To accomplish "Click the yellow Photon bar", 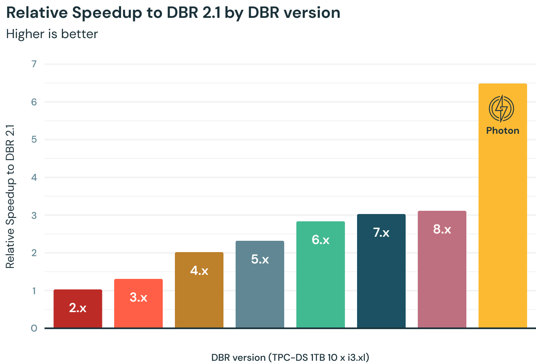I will pyautogui.click(x=503, y=223).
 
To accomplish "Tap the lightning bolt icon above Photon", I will pyautogui.click(x=502, y=108).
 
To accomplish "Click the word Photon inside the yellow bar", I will pyautogui.click(x=502, y=131).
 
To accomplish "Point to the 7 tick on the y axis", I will pyautogui.click(x=34, y=64).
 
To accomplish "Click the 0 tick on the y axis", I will pyautogui.click(x=34, y=328).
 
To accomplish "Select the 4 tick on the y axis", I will pyautogui.click(x=34, y=177).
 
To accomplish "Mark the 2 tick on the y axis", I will pyautogui.click(x=34, y=253).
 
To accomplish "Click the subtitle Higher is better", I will pyautogui.click(x=52, y=34).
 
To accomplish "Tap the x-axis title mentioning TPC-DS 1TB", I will pyautogui.click(x=290, y=358).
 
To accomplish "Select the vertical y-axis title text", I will pyautogui.click(x=10, y=196).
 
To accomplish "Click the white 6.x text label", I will pyautogui.click(x=321, y=240).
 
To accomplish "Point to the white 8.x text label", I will pyautogui.click(x=442, y=229).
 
